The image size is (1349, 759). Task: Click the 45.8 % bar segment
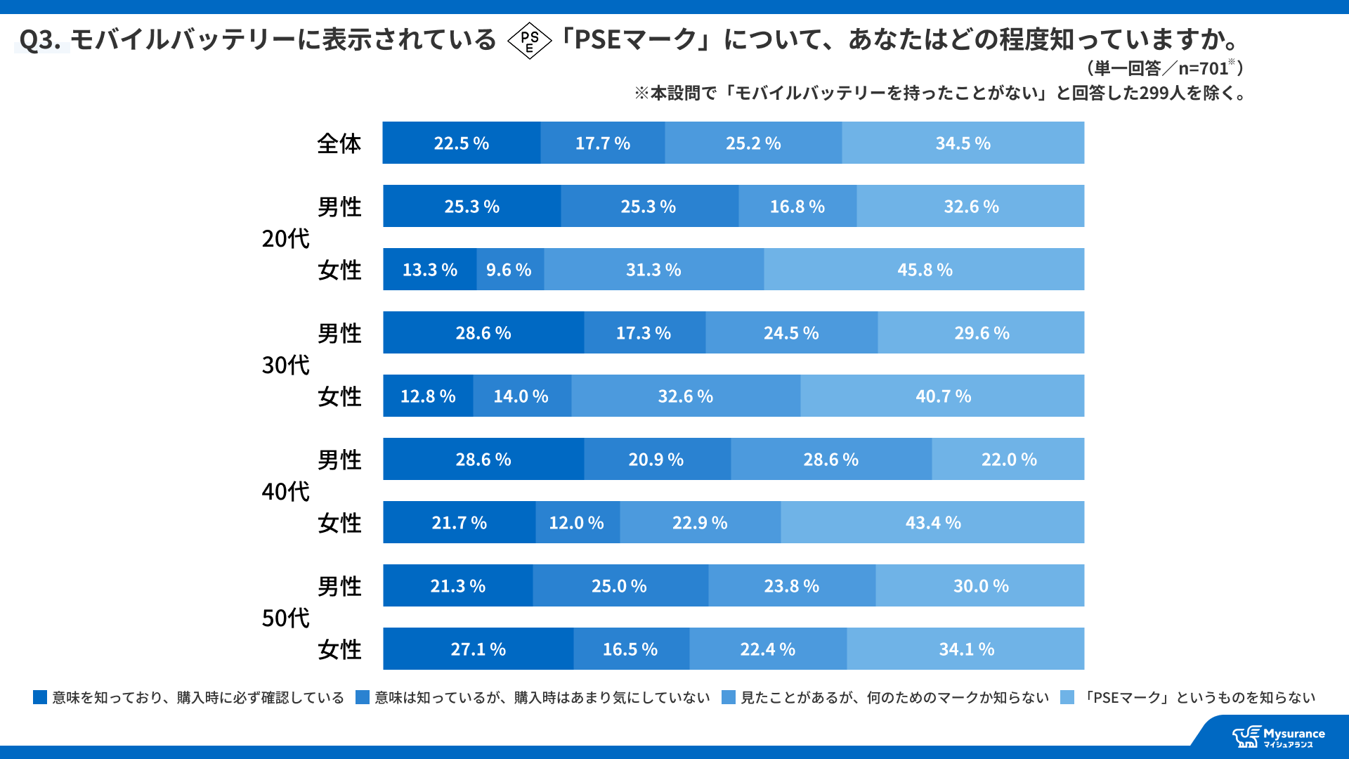click(x=924, y=269)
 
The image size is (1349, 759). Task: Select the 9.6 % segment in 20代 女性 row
click(x=509, y=269)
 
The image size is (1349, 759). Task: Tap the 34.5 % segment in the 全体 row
click(x=963, y=143)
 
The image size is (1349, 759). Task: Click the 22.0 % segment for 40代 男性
click(x=1008, y=459)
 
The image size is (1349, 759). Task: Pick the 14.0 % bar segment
click(x=521, y=396)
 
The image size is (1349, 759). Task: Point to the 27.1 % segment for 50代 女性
click(x=478, y=649)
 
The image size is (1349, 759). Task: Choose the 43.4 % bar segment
click(x=932, y=522)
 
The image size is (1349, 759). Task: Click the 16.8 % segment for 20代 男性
click(x=797, y=206)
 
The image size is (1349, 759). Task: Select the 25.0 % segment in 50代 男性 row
click(x=620, y=585)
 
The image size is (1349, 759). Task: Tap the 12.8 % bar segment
click(x=428, y=396)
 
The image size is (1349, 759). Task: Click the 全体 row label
click(x=339, y=143)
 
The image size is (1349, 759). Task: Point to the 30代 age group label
click(x=285, y=365)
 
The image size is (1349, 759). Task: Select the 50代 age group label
click(x=285, y=618)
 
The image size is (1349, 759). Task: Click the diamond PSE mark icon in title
click(x=530, y=41)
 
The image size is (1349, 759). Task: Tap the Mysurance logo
click(x=1279, y=737)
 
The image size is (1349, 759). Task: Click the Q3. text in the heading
click(x=40, y=40)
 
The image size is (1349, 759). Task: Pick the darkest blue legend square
click(x=40, y=697)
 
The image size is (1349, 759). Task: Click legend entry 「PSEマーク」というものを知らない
click(x=1198, y=697)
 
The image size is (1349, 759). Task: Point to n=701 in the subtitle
click(x=1203, y=68)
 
